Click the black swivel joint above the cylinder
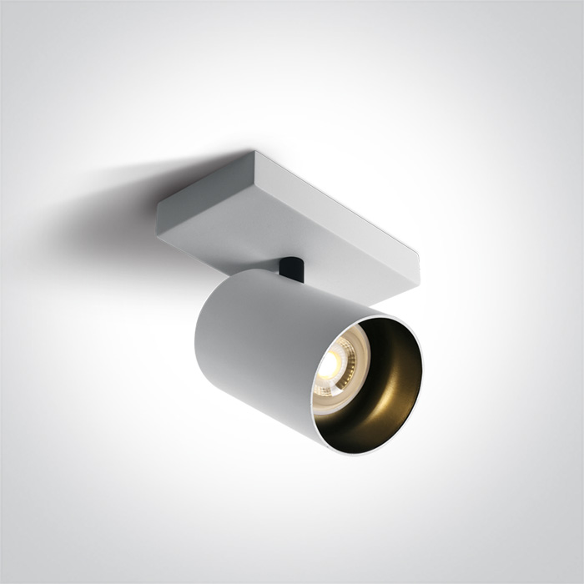click(291, 269)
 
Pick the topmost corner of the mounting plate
click(252, 152)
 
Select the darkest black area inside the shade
click(392, 342)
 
